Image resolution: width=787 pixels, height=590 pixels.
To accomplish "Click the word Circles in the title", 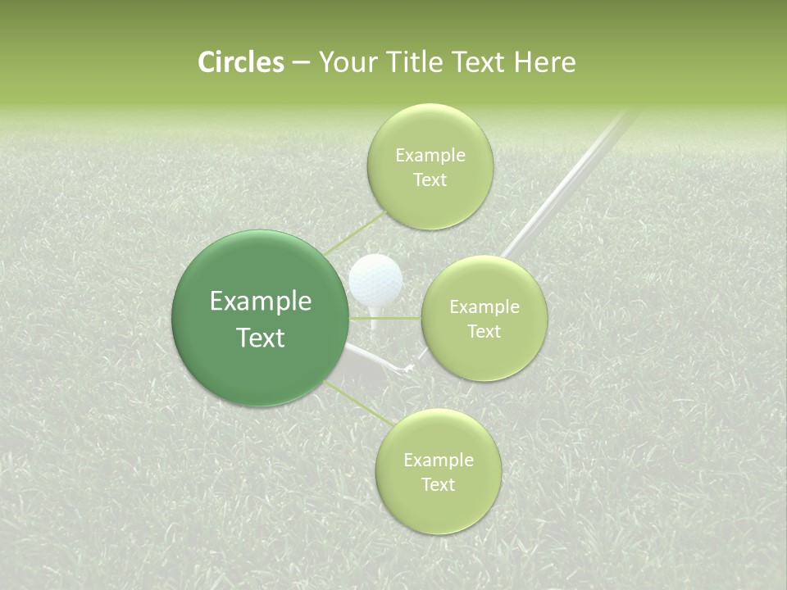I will (x=241, y=62).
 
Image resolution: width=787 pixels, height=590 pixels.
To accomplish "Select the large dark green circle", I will (x=261, y=318).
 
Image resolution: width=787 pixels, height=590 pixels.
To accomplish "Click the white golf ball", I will (x=375, y=279).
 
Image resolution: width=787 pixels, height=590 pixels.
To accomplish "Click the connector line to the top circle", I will (x=354, y=231).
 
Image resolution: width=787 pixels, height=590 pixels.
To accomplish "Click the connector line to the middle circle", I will (x=385, y=318).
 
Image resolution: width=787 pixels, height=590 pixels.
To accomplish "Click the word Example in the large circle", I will (x=261, y=302).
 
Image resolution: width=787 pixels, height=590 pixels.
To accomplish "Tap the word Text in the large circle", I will (x=261, y=338).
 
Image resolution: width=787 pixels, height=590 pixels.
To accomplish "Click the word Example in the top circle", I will (x=430, y=156).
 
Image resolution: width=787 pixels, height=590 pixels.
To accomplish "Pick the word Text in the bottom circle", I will (x=438, y=485).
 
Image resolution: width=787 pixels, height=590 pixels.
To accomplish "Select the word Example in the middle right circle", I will (x=484, y=307).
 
